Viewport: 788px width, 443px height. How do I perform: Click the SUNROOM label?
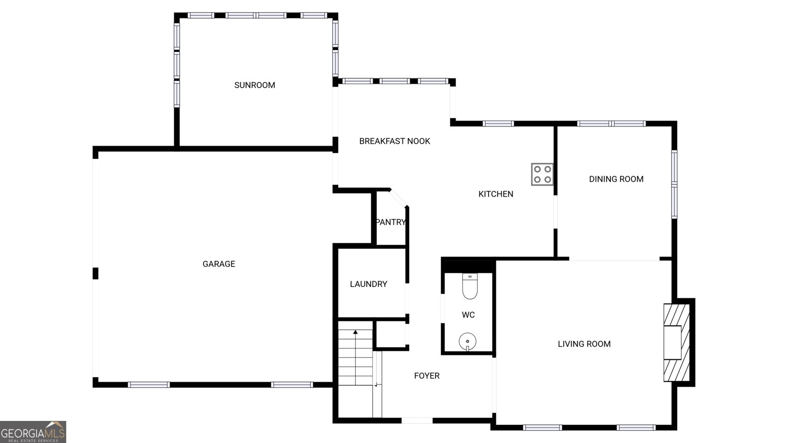click(255, 85)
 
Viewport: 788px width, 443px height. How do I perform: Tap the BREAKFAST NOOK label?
click(394, 141)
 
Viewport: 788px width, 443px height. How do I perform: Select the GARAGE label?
click(219, 264)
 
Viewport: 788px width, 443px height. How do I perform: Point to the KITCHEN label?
click(495, 194)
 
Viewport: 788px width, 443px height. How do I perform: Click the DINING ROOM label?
click(616, 179)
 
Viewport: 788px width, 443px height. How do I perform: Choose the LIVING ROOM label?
click(584, 344)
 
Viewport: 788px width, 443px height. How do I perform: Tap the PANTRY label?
click(391, 222)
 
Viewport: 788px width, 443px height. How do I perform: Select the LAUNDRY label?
click(368, 284)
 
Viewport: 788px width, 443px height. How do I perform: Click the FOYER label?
click(427, 376)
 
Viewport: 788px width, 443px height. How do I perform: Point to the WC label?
click(468, 315)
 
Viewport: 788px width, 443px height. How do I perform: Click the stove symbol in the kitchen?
click(542, 174)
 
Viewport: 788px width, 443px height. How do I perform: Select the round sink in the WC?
click(467, 341)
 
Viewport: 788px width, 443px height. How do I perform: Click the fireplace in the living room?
click(675, 343)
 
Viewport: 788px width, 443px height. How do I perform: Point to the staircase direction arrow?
click(356, 333)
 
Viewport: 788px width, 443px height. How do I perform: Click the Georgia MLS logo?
click(33, 432)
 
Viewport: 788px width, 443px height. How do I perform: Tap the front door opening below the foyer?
click(417, 420)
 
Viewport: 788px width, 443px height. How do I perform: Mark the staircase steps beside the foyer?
click(355, 359)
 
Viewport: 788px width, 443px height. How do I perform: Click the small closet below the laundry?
click(391, 335)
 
